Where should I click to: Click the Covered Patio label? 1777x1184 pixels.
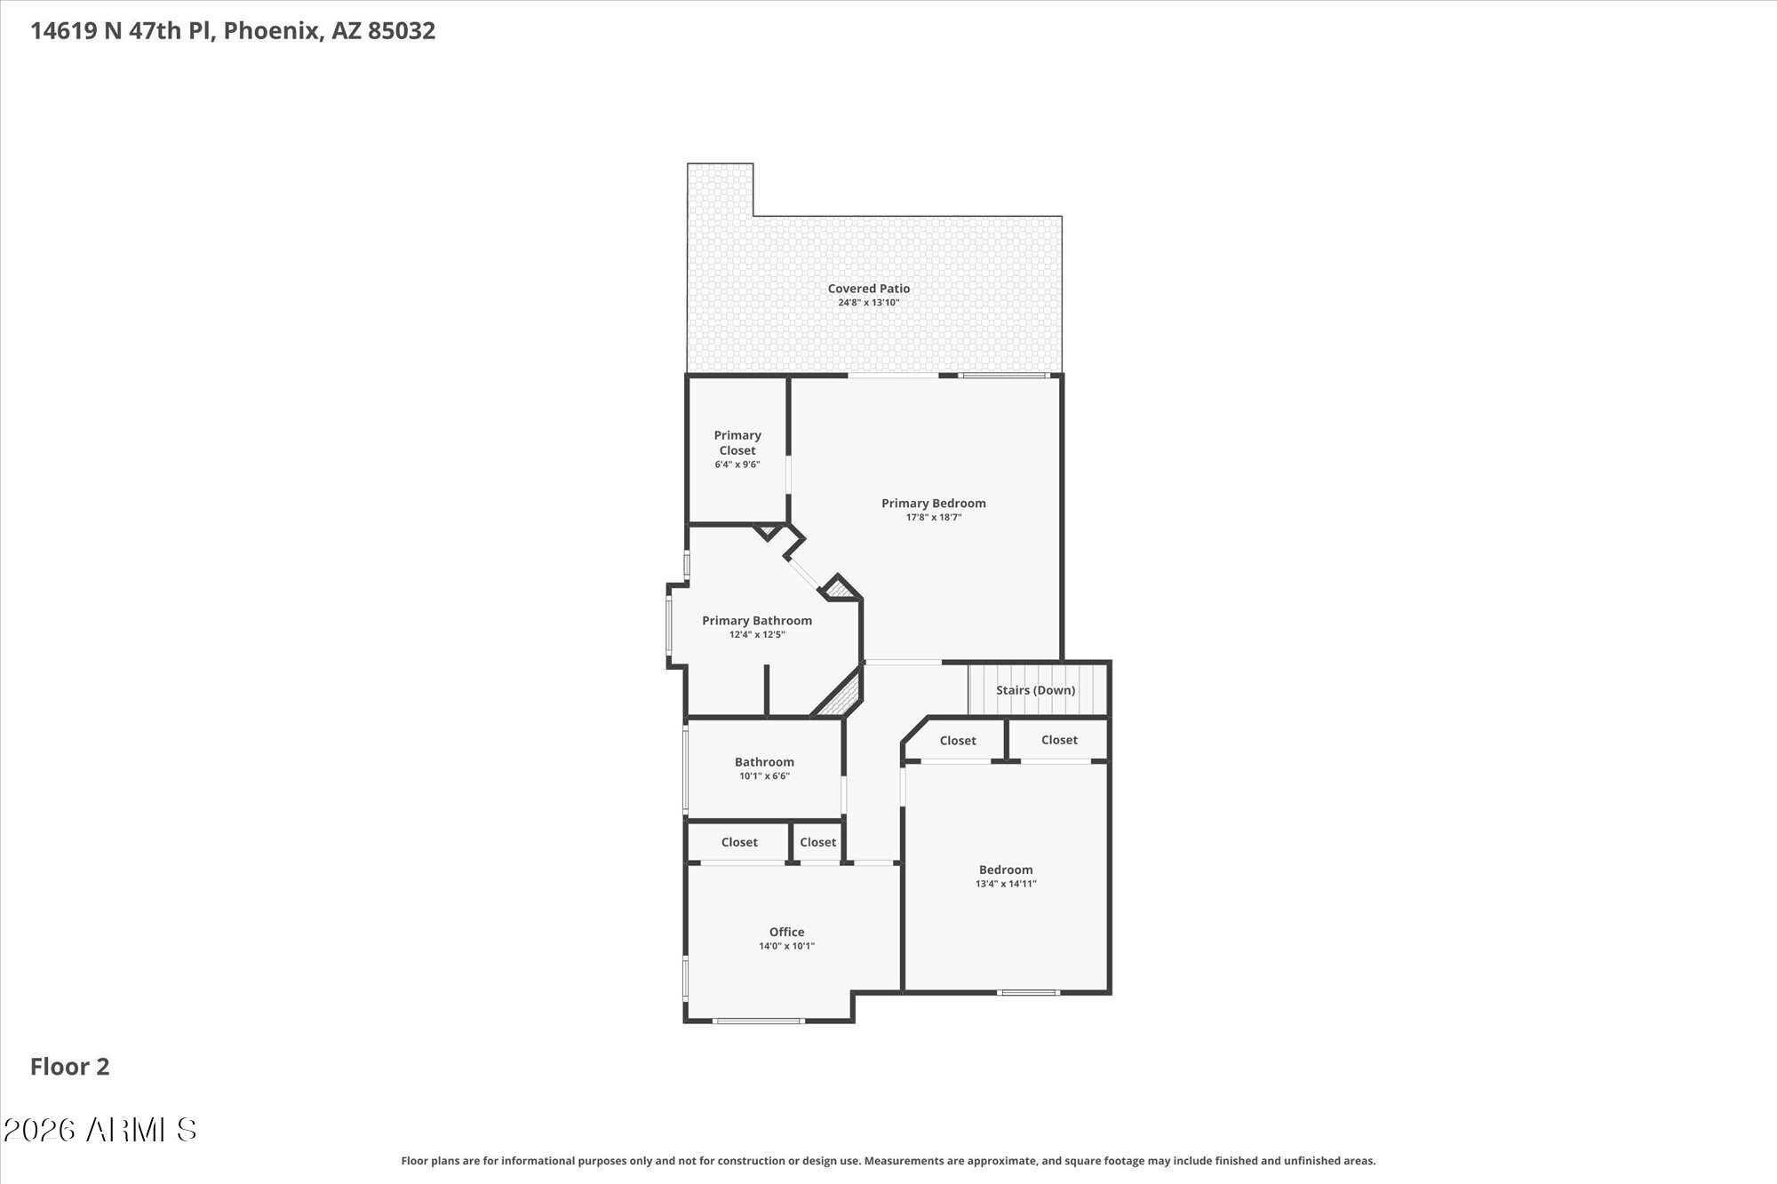point(868,289)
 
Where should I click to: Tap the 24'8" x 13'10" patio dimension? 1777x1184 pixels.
point(868,303)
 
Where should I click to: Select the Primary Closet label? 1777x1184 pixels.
point(737,442)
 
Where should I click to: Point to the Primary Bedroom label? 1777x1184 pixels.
point(933,504)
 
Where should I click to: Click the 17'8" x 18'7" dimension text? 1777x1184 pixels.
point(933,517)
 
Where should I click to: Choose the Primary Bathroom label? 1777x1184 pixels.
point(756,621)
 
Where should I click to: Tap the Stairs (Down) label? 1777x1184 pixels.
point(1035,690)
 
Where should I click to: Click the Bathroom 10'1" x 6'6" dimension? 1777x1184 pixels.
point(764,776)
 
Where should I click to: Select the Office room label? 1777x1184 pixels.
point(786,932)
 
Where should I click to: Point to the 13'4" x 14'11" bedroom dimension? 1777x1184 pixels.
point(1006,884)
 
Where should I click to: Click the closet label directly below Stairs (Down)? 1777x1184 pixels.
point(1059,740)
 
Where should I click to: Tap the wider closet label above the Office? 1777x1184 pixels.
point(739,842)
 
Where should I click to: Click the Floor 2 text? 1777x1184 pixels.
point(69,1067)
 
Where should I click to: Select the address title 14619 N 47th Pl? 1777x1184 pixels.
point(233,31)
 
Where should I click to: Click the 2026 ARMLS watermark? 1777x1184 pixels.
point(100,1130)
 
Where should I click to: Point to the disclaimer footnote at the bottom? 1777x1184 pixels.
point(888,1161)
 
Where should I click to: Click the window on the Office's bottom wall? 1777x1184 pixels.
point(759,1021)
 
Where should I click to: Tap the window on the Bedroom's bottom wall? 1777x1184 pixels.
point(1028,992)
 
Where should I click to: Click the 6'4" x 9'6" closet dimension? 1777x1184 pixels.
point(737,465)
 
